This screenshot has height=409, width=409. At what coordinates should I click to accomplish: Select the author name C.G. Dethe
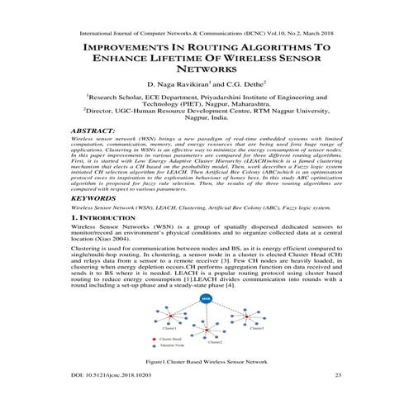click(240, 84)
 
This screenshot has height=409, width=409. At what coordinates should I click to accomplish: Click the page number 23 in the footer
click(337, 375)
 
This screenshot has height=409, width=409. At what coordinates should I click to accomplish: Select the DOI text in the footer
click(112, 375)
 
